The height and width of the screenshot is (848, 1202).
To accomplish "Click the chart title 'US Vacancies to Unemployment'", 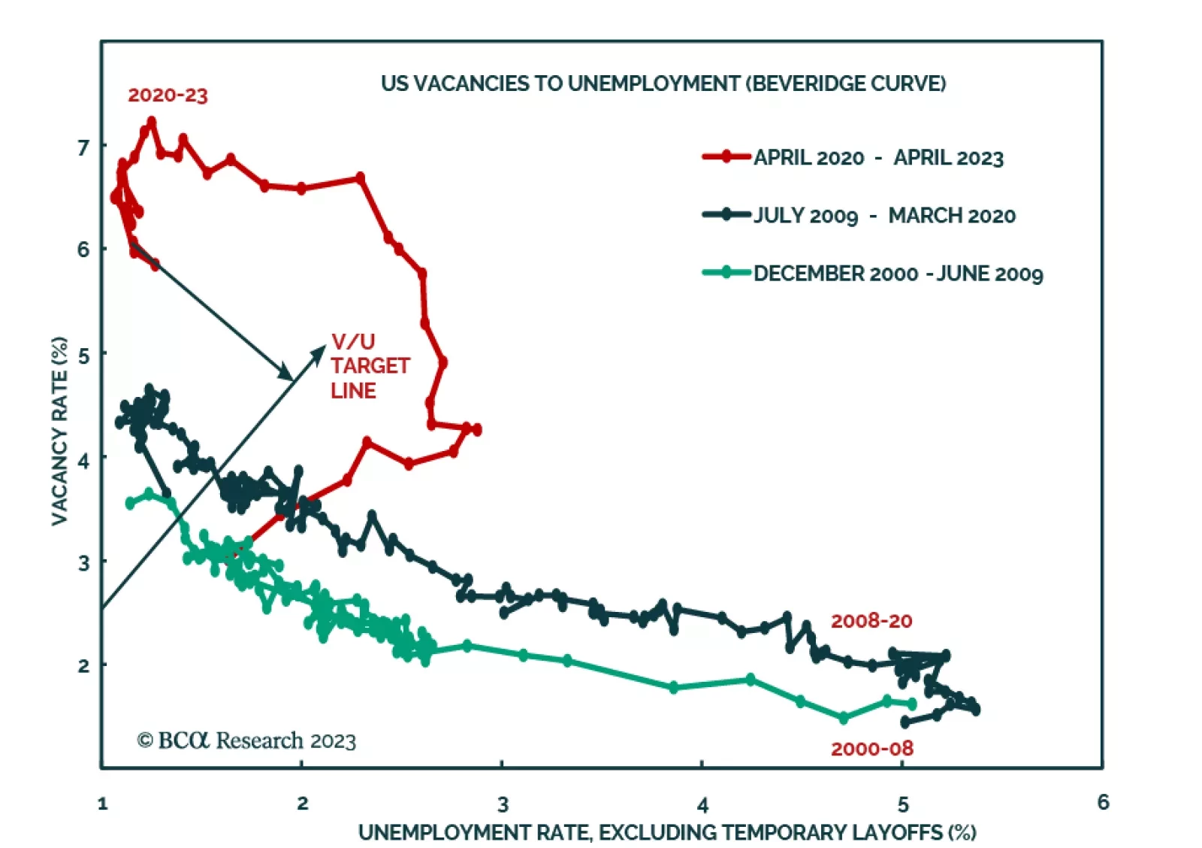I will [663, 83].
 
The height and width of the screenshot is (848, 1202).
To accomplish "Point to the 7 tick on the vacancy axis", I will [83, 147].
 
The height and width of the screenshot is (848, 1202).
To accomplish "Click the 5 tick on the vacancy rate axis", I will [83, 355].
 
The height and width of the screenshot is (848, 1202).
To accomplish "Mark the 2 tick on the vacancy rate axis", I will [83, 666].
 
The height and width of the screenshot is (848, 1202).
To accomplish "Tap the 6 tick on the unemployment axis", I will [1103, 803].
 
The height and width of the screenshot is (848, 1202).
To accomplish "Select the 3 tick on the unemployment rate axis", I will [503, 804].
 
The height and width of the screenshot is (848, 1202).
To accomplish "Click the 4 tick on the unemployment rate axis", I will [702, 805].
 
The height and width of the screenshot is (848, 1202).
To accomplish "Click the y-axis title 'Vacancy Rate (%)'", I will [59, 431].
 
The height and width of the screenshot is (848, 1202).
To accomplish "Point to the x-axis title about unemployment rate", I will [667, 832].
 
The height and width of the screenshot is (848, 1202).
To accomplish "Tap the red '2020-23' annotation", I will [168, 95].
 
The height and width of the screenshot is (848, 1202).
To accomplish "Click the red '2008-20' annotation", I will [871, 621].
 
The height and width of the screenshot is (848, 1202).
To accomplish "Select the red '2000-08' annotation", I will [871, 749].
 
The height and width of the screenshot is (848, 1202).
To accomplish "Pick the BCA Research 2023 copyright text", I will [246, 740].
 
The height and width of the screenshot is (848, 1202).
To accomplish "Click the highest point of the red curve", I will [152, 121].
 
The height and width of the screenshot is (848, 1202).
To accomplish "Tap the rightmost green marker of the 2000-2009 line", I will [912, 704].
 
